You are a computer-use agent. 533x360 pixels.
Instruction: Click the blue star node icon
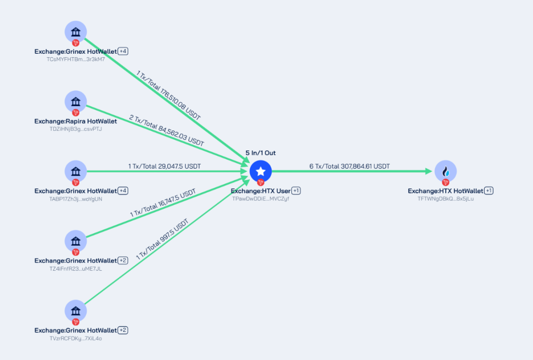(261, 171)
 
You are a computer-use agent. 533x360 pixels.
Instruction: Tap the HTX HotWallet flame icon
(446, 171)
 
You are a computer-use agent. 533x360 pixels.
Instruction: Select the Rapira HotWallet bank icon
(76, 102)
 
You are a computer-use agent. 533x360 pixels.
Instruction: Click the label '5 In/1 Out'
(261, 153)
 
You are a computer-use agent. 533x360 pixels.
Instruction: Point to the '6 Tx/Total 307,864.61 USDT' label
(349, 166)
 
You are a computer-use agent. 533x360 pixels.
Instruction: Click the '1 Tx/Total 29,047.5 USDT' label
(164, 166)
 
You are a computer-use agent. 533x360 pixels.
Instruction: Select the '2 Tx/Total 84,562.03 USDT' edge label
(167, 130)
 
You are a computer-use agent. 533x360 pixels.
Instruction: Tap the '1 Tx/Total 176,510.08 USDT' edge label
(168, 95)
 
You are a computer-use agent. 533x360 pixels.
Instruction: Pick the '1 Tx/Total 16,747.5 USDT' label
(163, 203)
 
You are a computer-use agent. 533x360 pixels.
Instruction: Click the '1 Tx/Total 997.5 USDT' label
(162, 240)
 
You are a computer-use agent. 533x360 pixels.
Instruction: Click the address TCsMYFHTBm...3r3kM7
(76, 59)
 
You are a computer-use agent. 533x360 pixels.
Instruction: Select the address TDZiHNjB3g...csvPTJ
(76, 129)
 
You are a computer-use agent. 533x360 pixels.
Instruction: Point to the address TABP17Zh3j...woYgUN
(76, 199)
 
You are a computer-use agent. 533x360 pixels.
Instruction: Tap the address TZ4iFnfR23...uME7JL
(76, 269)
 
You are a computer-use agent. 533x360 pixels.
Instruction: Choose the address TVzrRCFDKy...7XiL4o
(76, 338)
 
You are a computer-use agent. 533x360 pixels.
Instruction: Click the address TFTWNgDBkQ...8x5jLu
(446, 199)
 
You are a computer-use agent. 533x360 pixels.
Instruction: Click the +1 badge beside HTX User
(296, 190)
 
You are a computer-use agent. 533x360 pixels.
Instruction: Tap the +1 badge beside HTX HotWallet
(489, 190)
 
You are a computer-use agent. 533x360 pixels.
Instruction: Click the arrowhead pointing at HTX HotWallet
(429, 171)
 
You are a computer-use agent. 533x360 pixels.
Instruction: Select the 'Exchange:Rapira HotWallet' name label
(76, 121)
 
